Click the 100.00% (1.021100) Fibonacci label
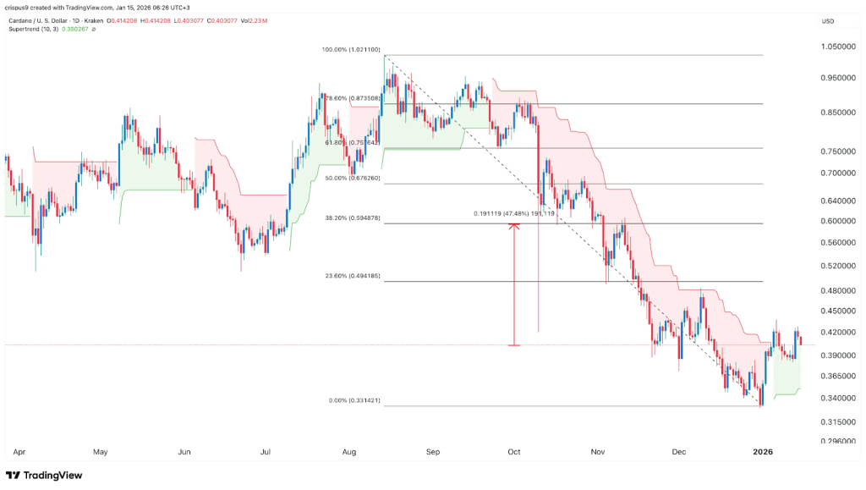pyautogui.click(x=352, y=50)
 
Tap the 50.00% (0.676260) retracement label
pyautogui.click(x=352, y=179)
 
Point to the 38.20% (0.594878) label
pyautogui.click(x=352, y=217)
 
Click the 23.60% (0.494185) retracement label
pyautogui.click(x=352, y=276)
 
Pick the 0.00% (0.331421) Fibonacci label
pyautogui.click(x=352, y=400)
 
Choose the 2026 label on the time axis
pyautogui.click(x=763, y=453)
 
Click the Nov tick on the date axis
pyautogui.click(x=598, y=453)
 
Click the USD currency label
pyautogui.click(x=829, y=20)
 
